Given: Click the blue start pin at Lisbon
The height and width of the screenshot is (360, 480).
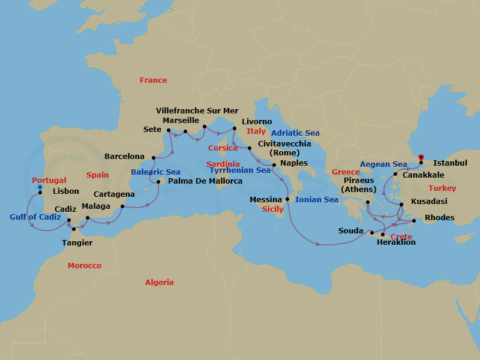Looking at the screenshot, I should [x=40, y=187].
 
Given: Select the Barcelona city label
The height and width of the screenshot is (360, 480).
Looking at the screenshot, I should [x=124, y=157].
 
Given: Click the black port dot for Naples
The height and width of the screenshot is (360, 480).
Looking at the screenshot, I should [x=274, y=164].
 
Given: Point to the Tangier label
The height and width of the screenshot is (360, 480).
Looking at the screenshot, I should [x=77, y=243].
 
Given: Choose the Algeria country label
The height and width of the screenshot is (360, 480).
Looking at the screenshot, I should [x=159, y=282].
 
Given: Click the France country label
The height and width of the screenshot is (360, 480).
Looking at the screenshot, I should [x=153, y=80].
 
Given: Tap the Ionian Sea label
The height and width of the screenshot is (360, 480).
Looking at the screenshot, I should [x=317, y=200].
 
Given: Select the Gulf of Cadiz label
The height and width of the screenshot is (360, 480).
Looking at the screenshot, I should [x=35, y=217].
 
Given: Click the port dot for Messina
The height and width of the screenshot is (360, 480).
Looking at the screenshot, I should [x=287, y=199].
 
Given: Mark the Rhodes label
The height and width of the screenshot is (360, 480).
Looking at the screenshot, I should [x=439, y=218].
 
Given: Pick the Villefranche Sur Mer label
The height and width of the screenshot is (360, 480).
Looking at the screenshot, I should [x=197, y=111].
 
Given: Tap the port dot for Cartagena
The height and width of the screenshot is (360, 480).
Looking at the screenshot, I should [x=122, y=207].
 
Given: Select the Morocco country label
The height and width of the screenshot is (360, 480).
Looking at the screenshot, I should [x=85, y=265].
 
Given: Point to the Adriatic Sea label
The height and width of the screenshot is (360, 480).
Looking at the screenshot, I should [x=295, y=133].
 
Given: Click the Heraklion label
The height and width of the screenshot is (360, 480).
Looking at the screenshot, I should [x=396, y=242].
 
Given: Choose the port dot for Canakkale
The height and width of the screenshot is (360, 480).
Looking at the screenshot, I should [x=395, y=175].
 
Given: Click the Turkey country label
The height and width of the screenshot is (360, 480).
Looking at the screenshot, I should [x=442, y=188].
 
